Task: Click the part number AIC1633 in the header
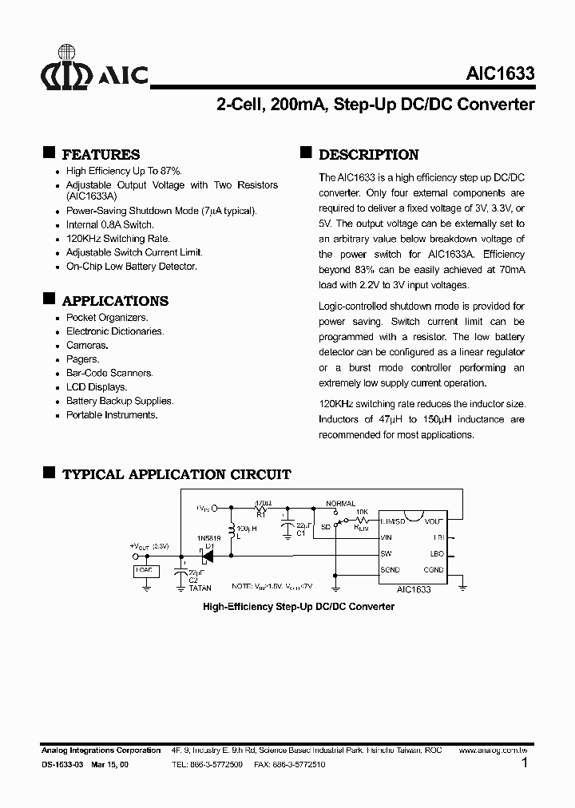[x=500, y=74]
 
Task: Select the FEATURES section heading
[x=101, y=155]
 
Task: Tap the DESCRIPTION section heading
[x=368, y=155]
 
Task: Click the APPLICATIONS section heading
[x=115, y=301]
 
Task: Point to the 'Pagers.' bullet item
[x=82, y=359]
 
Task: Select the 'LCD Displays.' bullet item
[x=97, y=387]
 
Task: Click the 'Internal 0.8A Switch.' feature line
[x=109, y=225]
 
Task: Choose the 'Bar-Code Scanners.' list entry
[x=109, y=373]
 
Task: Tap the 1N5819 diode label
[x=210, y=539]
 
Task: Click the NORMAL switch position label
[x=341, y=504]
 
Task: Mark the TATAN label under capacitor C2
[x=200, y=588]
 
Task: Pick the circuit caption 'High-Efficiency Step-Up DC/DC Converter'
[x=299, y=607]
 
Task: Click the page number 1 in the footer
[x=524, y=764]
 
